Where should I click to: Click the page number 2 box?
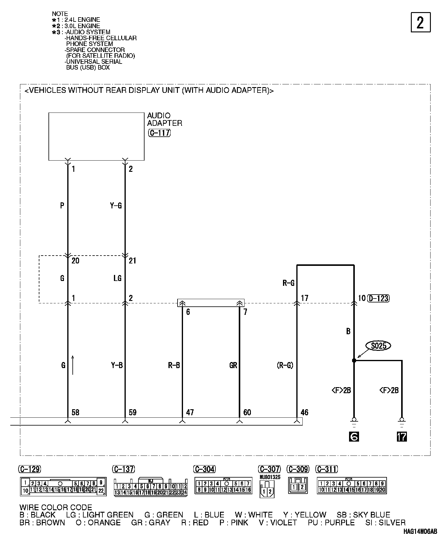[x=421, y=22]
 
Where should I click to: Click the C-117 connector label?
[x=159, y=133]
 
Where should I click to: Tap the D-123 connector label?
[x=378, y=298]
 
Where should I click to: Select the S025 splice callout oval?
[x=378, y=345]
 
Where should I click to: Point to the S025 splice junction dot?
[x=354, y=361]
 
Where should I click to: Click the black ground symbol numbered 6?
[x=354, y=436]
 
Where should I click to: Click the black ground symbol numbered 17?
[x=402, y=436]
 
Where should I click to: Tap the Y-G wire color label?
[x=116, y=206]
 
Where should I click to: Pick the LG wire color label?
[x=117, y=278]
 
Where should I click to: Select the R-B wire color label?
[x=174, y=365]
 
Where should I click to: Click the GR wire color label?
[x=233, y=365]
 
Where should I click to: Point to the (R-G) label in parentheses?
[x=285, y=365]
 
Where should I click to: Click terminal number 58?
[x=75, y=412]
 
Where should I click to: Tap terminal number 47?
[x=190, y=412]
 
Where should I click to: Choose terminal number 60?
[x=247, y=412]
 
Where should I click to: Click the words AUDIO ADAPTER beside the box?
[x=165, y=119]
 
